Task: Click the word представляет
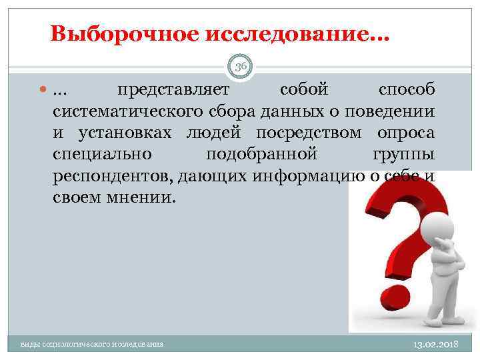173,90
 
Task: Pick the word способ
407,90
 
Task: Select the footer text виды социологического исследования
92,344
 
